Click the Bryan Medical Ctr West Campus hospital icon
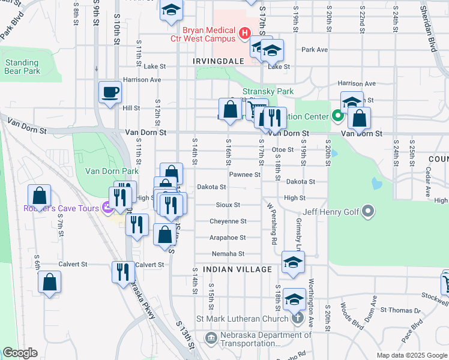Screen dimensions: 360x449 click(244, 34)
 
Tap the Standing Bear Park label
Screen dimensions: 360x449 click(22, 67)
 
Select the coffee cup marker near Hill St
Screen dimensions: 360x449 click(110, 93)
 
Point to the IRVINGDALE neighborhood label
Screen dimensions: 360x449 click(218, 61)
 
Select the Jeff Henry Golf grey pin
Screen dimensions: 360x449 click(369, 211)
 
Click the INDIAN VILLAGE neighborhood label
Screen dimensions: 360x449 click(237, 269)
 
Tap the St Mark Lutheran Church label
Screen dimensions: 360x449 click(247, 319)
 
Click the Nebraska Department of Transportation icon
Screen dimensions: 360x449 click(211, 338)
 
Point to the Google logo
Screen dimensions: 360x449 click(19, 353)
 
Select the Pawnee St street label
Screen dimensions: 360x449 click(244, 175)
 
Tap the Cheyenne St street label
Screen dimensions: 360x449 click(228, 221)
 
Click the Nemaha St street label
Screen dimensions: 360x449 click(228, 254)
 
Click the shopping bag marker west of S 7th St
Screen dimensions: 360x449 click(39, 196)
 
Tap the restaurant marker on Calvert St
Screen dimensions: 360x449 click(123, 271)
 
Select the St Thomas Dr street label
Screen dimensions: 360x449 click(400, 310)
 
